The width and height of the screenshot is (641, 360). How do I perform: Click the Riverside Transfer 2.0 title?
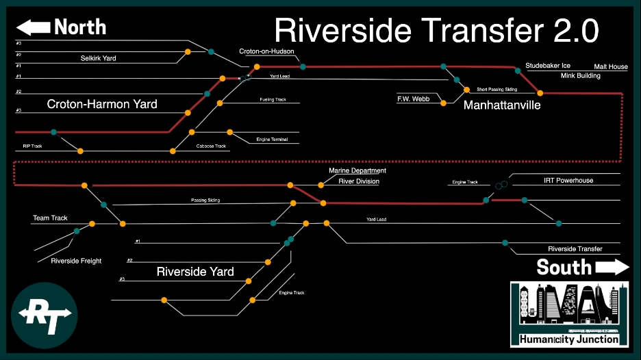coord(437,31)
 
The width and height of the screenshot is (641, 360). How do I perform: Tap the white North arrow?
coord(34,27)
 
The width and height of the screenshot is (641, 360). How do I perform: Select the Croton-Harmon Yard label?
coord(102,105)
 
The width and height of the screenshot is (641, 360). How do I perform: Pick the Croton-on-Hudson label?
coord(266,51)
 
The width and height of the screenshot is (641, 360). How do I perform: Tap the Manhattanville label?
coord(502,105)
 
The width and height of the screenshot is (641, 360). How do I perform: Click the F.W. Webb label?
coord(413,99)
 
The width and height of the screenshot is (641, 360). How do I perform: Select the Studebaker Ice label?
coord(548,66)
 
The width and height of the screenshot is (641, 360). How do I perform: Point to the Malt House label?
coord(610,67)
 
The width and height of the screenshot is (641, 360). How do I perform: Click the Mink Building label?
coord(580,76)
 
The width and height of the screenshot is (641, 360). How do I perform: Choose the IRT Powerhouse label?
coord(568,181)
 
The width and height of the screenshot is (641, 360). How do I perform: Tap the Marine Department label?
coord(357,170)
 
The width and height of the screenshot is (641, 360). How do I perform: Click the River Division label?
coord(358,181)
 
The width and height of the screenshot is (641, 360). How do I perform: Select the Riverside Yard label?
coord(195,272)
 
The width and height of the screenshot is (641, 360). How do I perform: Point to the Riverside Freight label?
coord(76,261)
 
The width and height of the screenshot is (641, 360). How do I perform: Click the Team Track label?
coord(50,218)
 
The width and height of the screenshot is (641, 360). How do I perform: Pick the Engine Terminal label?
coord(272,140)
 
